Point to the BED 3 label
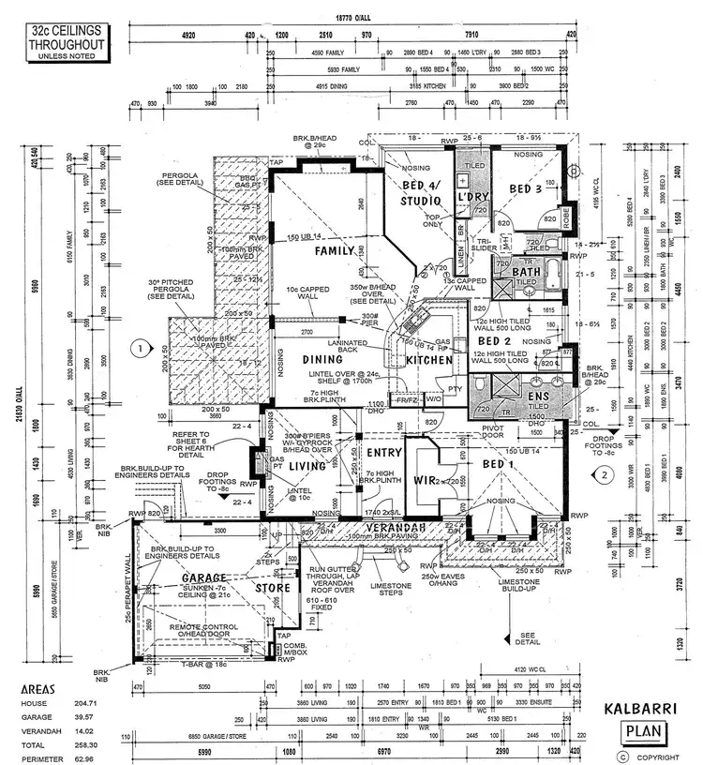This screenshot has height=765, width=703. click(526, 189)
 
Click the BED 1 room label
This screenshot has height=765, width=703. click(498, 464)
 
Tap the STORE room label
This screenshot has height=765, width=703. click(273, 589)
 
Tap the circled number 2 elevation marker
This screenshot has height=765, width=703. click(606, 474)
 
